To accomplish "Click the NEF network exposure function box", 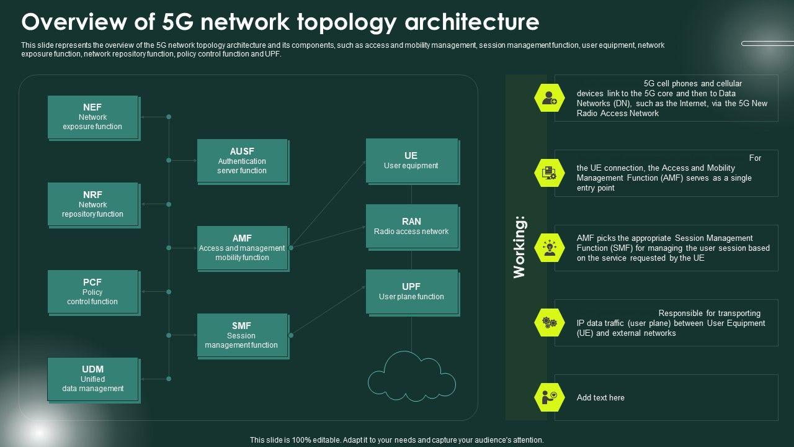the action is [x=94, y=118].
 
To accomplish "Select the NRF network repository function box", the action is [x=94, y=205].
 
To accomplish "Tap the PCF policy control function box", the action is [x=94, y=292].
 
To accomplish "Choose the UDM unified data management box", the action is [x=94, y=380].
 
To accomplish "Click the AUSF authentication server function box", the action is [x=243, y=162].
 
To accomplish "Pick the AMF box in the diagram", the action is [x=243, y=249].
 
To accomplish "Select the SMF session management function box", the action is [x=243, y=336].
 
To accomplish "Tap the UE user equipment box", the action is [x=413, y=161].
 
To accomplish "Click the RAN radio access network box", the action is [x=413, y=227].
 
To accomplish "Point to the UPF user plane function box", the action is [x=413, y=292].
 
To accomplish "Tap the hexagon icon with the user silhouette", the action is [x=550, y=98].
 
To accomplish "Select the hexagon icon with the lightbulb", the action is [x=550, y=248].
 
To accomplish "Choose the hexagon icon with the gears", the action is [x=550, y=322].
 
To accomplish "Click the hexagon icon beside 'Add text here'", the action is [x=550, y=397].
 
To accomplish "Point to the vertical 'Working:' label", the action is [x=520, y=247].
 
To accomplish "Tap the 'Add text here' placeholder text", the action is [x=600, y=398].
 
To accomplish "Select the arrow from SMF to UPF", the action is [x=328, y=311].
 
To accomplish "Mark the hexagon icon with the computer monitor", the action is [x=550, y=173].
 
